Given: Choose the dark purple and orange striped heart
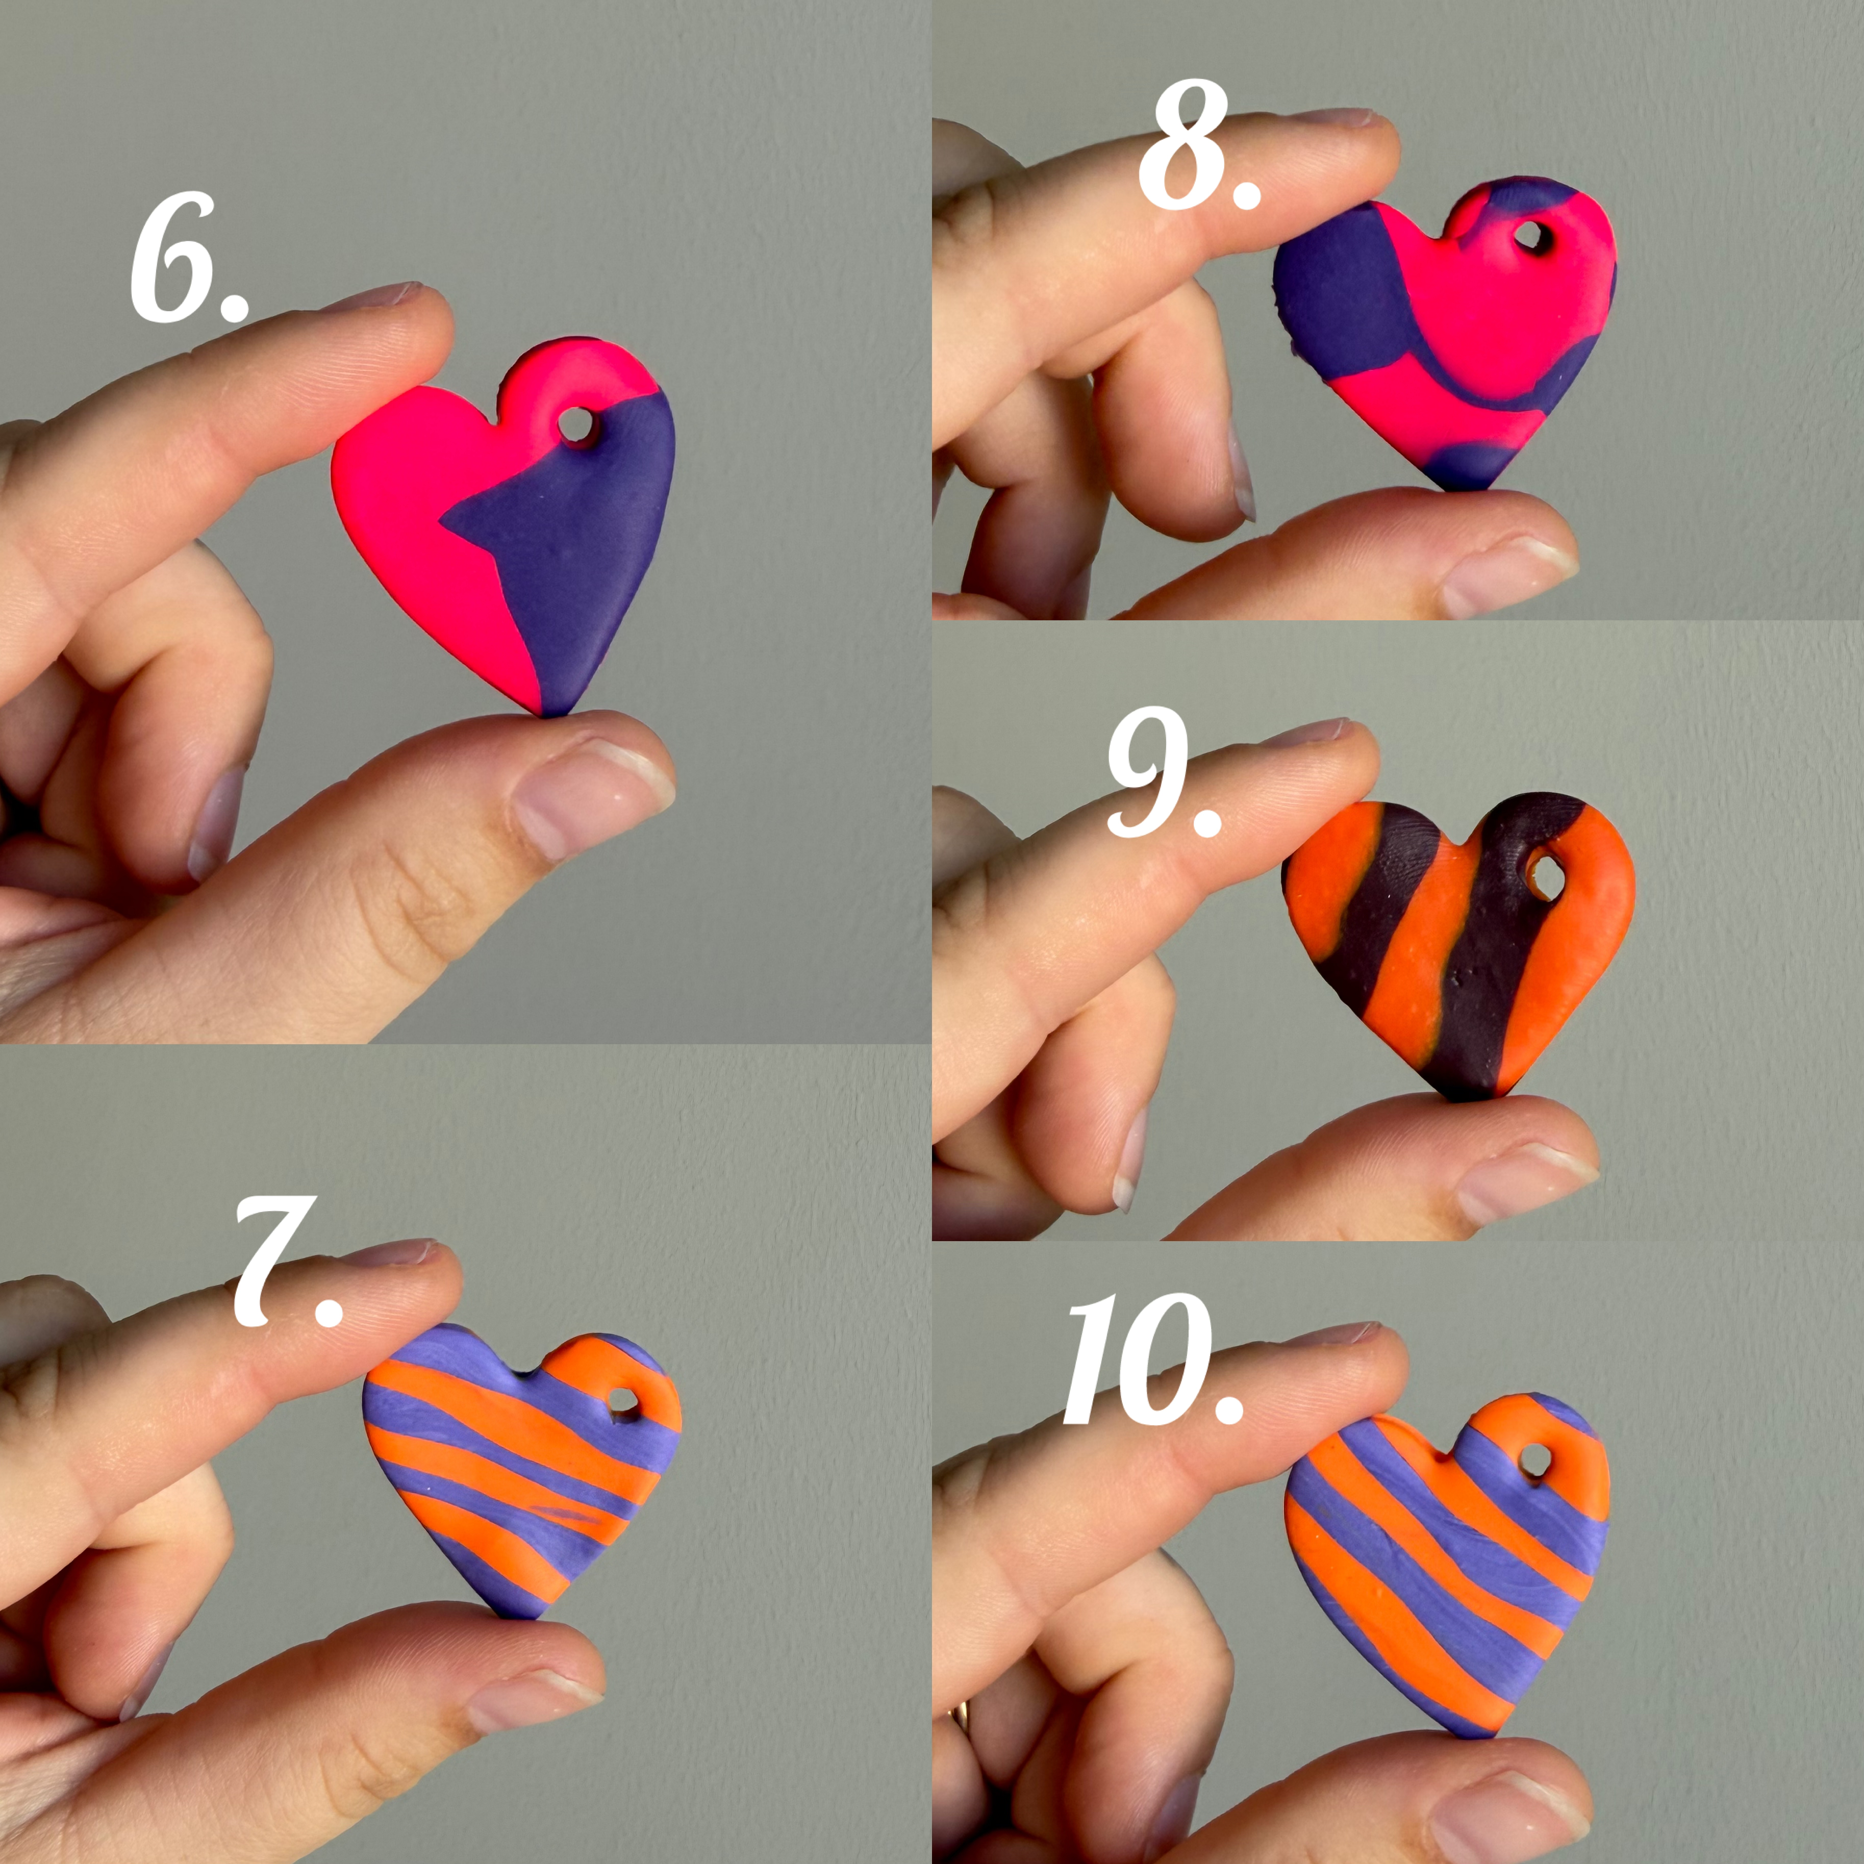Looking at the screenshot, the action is [x=1457, y=941].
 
